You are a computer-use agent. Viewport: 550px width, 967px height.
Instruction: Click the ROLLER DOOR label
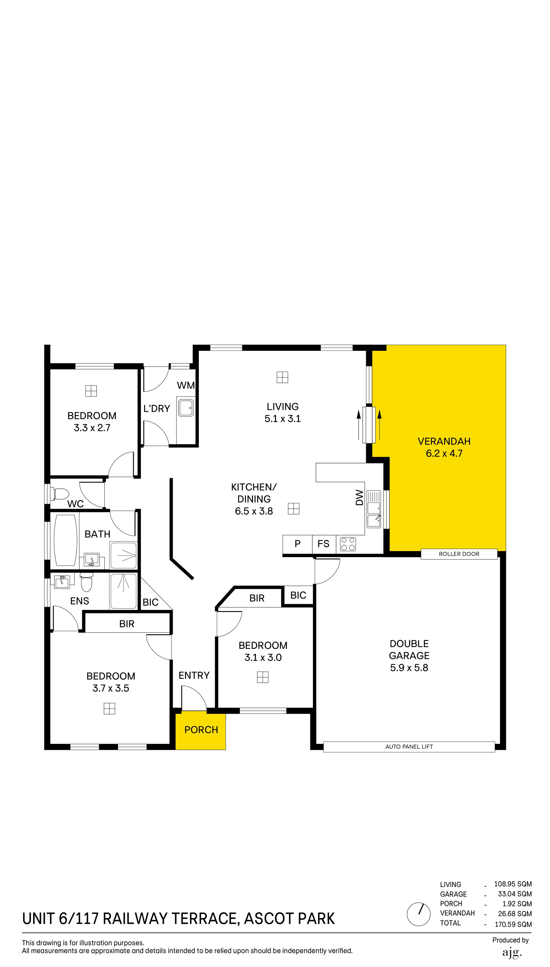[459, 554]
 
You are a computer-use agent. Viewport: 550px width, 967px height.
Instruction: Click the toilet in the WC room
[62, 494]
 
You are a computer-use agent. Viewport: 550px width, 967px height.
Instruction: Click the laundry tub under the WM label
[186, 408]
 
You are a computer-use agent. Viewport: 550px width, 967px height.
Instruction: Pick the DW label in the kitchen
[359, 498]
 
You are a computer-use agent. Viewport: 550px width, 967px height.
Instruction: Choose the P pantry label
[298, 544]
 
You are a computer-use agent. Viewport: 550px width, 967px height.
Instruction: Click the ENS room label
[80, 601]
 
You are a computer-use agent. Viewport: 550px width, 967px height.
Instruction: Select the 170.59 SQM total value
[513, 925]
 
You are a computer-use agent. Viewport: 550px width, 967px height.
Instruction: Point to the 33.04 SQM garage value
[514, 894]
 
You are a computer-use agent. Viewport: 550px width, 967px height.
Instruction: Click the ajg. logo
[512, 953]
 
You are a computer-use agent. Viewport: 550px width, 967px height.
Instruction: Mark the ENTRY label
[194, 675]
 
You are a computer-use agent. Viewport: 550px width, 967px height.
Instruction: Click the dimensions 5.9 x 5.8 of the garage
[409, 668]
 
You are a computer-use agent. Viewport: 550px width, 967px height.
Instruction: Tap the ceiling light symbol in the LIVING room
[282, 377]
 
